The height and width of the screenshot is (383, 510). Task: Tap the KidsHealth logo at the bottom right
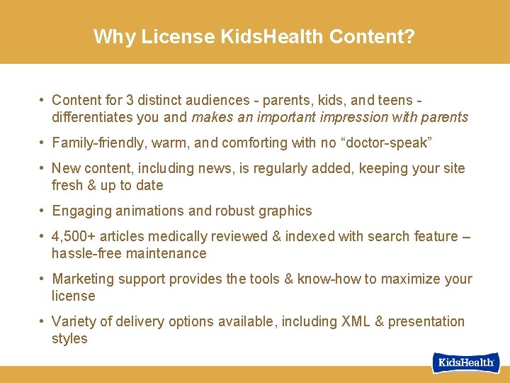pos(465,362)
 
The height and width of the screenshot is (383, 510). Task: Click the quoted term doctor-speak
pos(385,143)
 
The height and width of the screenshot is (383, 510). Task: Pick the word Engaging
pos(82,211)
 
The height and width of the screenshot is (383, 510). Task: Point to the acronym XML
pos(356,321)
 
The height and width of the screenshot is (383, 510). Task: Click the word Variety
pos(74,321)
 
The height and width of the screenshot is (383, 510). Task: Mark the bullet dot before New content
pos(43,168)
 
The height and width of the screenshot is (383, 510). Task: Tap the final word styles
pos(69,338)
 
